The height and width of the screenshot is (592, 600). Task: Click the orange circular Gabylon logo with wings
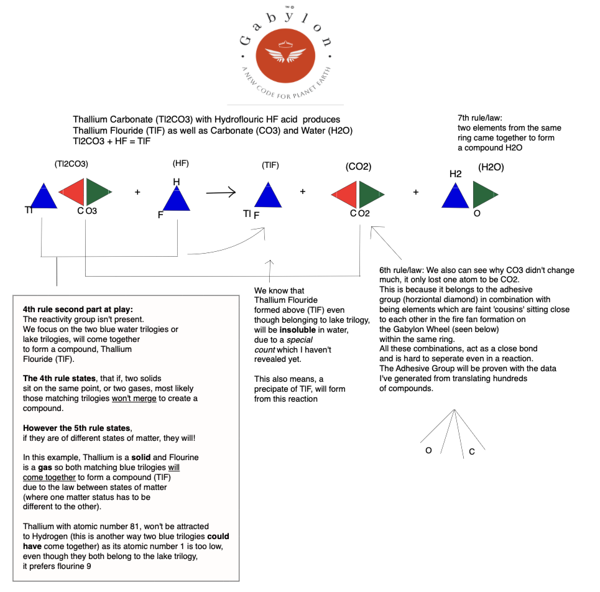286,53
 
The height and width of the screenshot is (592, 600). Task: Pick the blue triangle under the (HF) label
176,198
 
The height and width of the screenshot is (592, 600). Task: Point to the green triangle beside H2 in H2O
484,195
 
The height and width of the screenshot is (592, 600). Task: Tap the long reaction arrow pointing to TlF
221,193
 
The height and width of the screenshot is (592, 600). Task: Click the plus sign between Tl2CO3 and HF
137,192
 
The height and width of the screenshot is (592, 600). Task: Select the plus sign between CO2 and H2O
415,192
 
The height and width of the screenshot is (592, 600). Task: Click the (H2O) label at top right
491,167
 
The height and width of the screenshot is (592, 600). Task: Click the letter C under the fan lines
471,451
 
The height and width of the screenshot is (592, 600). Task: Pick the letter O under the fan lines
428,450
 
